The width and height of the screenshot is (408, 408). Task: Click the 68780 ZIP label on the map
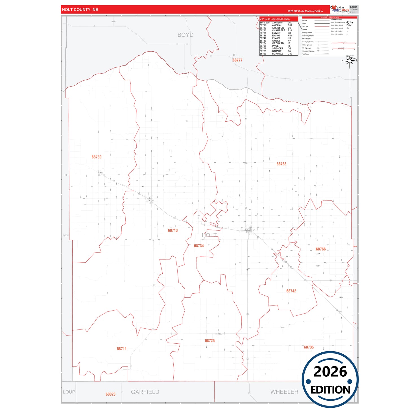(x=97, y=157)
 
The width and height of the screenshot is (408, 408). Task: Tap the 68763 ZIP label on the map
(x=282, y=164)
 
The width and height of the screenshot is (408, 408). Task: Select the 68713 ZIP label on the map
(x=173, y=230)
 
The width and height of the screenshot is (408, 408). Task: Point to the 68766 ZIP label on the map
(x=321, y=249)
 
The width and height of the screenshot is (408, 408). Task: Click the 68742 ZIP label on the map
(x=291, y=291)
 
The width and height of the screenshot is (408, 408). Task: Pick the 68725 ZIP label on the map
(x=210, y=341)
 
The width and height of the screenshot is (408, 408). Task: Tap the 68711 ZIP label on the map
(x=122, y=349)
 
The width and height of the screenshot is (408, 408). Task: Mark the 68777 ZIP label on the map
(x=237, y=60)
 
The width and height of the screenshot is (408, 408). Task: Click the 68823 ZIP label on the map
(x=111, y=394)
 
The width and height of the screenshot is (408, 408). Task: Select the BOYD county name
(x=186, y=35)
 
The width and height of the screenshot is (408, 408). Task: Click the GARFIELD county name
(x=145, y=392)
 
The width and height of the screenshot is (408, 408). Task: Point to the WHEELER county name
(x=284, y=392)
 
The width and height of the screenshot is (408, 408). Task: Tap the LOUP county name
(x=69, y=392)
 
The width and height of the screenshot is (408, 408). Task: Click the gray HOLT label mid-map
(x=209, y=235)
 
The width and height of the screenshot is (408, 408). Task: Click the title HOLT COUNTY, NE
(x=80, y=10)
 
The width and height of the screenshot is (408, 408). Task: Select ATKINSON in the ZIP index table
(x=278, y=28)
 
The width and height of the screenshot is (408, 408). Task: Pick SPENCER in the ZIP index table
(x=278, y=49)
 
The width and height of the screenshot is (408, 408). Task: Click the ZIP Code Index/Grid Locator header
(x=275, y=19)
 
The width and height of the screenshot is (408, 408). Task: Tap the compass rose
(x=350, y=61)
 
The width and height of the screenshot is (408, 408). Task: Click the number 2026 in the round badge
(x=330, y=372)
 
